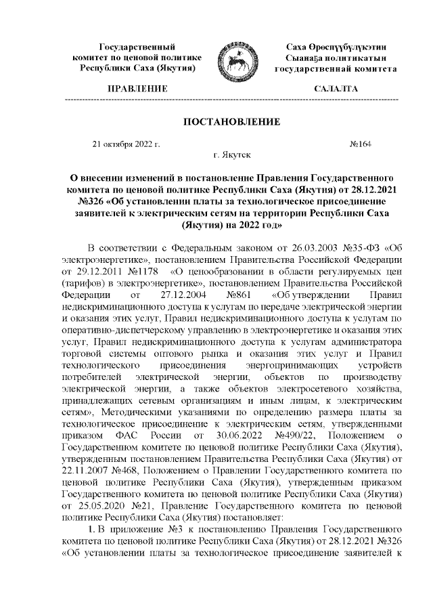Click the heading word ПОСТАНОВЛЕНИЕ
(232, 122)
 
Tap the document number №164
(360, 144)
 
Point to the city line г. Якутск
(232, 155)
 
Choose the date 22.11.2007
(83, 465)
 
